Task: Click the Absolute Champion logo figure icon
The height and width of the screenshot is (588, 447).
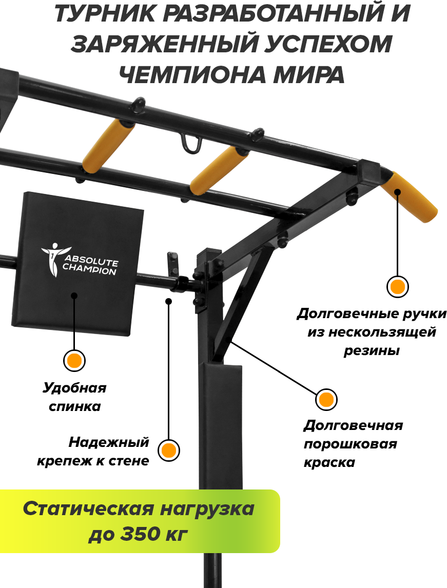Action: coord(52,259)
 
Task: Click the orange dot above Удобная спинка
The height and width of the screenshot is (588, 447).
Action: coord(74,360)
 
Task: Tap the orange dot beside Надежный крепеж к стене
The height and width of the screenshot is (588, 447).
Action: coord(168,450)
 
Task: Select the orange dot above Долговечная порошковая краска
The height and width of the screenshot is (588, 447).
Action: coord(325,400)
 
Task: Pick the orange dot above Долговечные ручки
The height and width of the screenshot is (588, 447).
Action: coord(397,286)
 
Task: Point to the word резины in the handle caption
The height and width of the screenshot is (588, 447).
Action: coord(371,351)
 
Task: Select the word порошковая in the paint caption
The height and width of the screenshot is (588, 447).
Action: coord(350,444)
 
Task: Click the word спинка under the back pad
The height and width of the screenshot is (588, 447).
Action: coord(74,406)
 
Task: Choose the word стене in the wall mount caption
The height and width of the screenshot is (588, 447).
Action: coord(129,461)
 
